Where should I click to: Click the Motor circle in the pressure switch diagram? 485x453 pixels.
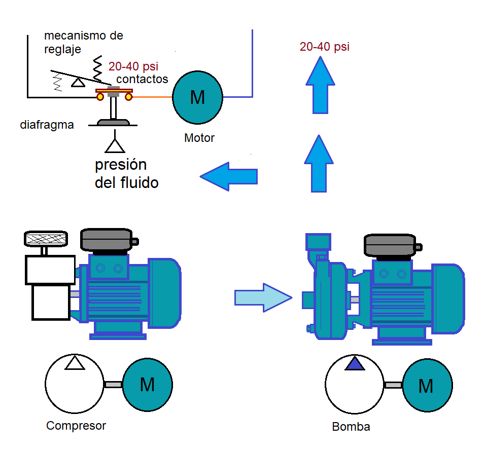coord(197,97)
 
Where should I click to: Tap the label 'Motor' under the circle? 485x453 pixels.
coord(199,137)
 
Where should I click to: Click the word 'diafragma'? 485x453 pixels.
coord(47,125)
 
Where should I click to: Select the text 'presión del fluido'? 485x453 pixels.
coord(126,174)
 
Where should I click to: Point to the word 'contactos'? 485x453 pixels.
coord(142,79)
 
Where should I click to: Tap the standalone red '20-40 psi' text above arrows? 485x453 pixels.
coord(324,47)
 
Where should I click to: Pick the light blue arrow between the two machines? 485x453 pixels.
coord(263,297)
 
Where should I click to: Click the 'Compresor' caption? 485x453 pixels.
coord(76,426)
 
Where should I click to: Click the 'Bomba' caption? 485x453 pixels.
coord(351,427)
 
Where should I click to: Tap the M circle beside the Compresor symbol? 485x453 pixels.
coord(147,385)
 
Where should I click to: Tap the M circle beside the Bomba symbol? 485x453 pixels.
coord(426,386)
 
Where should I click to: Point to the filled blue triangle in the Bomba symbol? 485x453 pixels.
coord(355,364)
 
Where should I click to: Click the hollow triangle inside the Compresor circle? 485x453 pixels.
coord(75,363)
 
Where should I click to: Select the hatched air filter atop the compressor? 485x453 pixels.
coord(46,239)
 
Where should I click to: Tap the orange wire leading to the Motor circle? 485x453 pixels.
coord(152,96)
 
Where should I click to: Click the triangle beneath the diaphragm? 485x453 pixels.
coord(115,145)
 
